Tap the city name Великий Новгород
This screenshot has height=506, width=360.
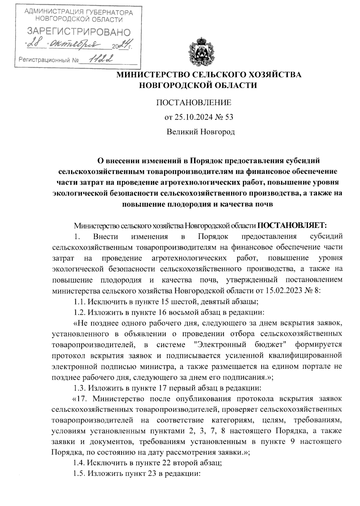pos(201,132)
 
